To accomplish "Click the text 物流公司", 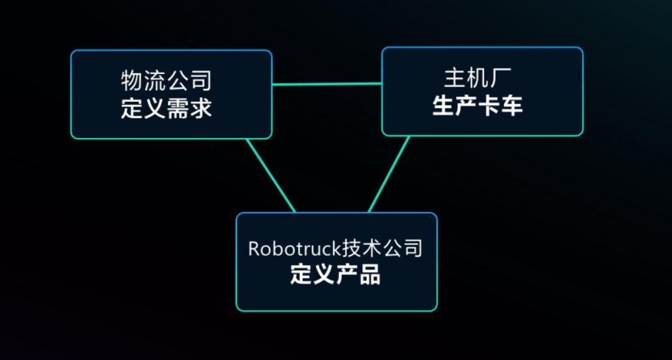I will click(166, 81).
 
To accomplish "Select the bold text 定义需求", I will click(166, 108).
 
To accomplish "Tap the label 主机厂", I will click(477, 79).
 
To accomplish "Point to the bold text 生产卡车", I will click(477, 106).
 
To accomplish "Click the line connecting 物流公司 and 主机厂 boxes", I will click(327, 84).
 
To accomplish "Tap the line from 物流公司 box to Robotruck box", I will click(271, 175).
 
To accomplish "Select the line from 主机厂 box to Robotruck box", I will click(389, 174).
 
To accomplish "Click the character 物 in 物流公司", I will click(132, 81).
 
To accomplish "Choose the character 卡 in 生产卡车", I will click(488, 106).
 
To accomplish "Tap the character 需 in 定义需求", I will click(177, 108).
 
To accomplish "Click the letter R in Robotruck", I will click(253, 249).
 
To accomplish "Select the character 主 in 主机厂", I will click(454, 79).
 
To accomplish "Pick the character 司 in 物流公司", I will click(200, 81).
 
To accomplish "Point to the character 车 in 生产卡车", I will click(511, 106).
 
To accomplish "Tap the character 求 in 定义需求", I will click(200, 108).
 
